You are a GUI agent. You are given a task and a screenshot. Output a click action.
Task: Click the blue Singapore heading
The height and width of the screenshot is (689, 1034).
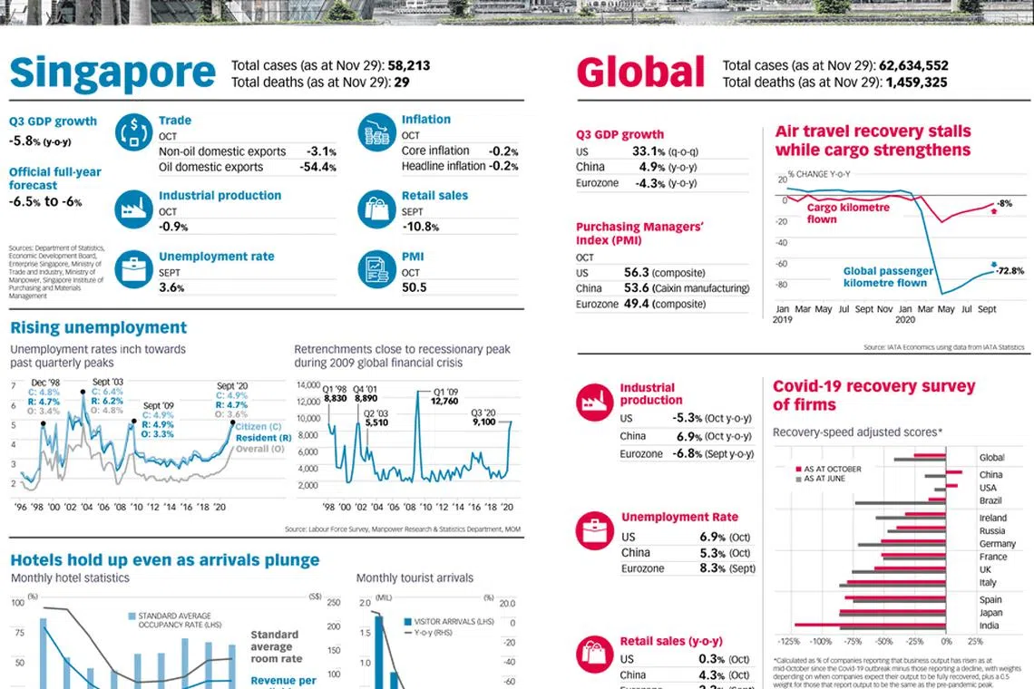click(112, 73)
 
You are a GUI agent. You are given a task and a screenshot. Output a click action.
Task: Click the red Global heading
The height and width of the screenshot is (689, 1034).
click(640, 73)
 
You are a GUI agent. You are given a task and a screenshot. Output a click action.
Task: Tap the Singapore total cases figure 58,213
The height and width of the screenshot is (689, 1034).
click(409, 65)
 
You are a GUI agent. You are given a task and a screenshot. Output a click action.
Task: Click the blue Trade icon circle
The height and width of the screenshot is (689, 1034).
click(133, 131)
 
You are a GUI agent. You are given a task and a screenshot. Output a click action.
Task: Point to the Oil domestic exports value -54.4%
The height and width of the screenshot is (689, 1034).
click(317, 167)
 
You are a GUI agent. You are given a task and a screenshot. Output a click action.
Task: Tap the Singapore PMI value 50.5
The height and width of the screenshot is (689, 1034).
click(414, 287)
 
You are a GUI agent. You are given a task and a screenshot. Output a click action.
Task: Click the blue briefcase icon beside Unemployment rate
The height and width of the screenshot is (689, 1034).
click(133, 269)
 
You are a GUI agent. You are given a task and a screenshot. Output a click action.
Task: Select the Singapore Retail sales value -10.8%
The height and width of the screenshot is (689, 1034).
click(420, 227)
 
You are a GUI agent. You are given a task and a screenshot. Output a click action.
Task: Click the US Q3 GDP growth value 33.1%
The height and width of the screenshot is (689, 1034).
click(652, 151)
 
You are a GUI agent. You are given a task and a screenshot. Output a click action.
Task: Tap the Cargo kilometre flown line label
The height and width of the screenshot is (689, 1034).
click(848, 213)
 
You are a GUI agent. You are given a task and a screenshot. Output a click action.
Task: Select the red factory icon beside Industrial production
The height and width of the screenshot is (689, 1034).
click(595, 402)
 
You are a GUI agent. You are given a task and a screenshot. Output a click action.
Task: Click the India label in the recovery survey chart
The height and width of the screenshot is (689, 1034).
click(989, 626)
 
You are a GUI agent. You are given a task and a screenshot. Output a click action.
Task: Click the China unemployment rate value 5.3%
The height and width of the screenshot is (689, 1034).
click(712, 553)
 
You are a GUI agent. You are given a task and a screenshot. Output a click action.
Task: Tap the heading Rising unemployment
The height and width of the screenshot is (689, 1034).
click(98, 327)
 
